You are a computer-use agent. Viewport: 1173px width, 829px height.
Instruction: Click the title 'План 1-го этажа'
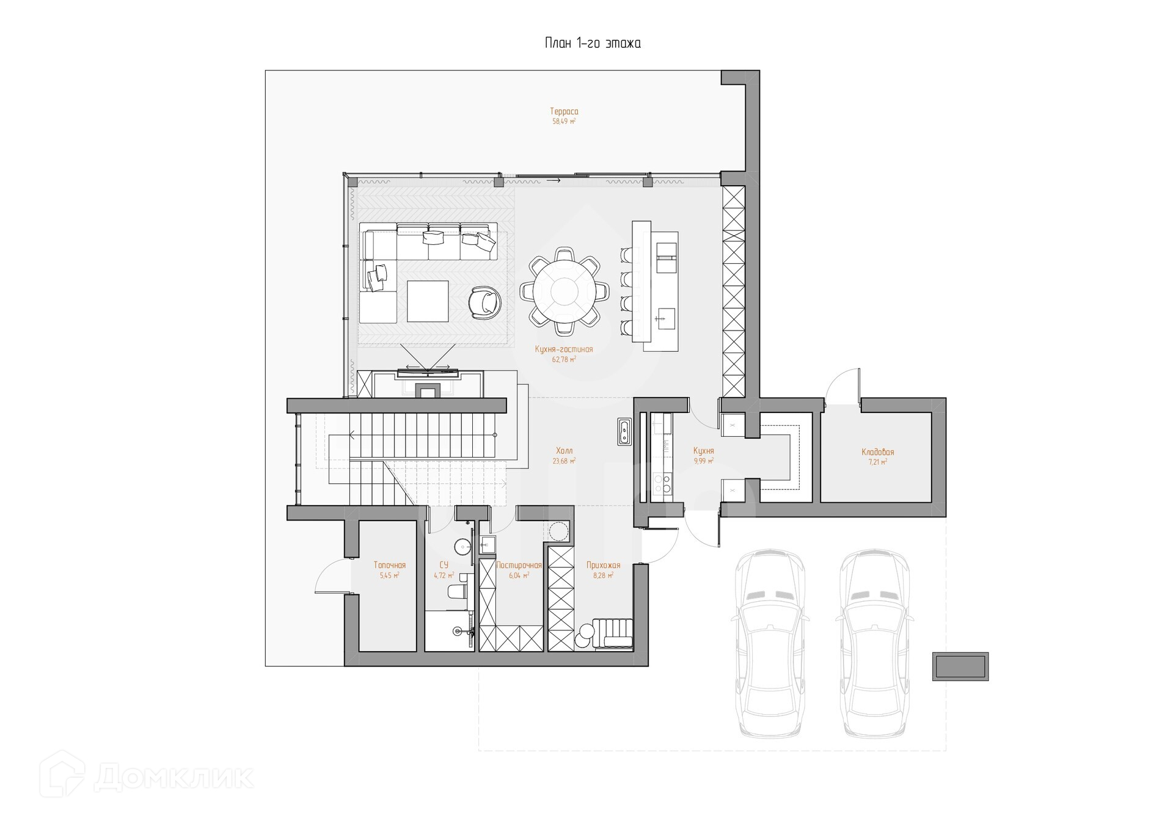pyautogui.click(x=592, y=43)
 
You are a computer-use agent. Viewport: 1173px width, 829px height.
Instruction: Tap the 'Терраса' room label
pyautogui.click(x=564, y=112)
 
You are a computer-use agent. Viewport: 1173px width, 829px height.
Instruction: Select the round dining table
pyautogui.click(x=564, y=291)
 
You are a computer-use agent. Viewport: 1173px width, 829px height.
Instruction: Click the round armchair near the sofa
pyautogui.click(x=485, y=302)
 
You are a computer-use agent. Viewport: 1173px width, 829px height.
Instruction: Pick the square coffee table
pyautogui.click(x=428, y=301)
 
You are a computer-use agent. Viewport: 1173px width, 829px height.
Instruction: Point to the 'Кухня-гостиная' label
pyautogui.click(x=563, y=349)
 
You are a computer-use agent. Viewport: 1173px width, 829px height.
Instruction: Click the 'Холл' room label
pyautogui.click(x=564, y=451)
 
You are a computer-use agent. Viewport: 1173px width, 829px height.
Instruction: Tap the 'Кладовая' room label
pyautogui.click(x=877, y=452)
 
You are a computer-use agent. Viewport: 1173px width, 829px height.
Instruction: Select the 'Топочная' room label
pyautogui.click(x=389, y=566)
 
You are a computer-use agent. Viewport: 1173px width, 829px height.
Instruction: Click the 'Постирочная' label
pyautogui.click(x=519, y=566)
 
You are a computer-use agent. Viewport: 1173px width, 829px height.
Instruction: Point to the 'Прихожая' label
pyautogui.click(x=603, y=566)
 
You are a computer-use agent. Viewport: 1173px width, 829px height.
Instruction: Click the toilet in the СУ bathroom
pyautogui.click(x=457, y=591)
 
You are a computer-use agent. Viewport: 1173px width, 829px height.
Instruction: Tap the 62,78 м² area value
pyautogui.click(x=563, y=360)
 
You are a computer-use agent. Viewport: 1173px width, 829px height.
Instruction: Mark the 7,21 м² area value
pyautogui.click(x=877, y=462)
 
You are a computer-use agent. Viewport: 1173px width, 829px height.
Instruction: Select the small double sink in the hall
pyautogui.click(x=624, y=432)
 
